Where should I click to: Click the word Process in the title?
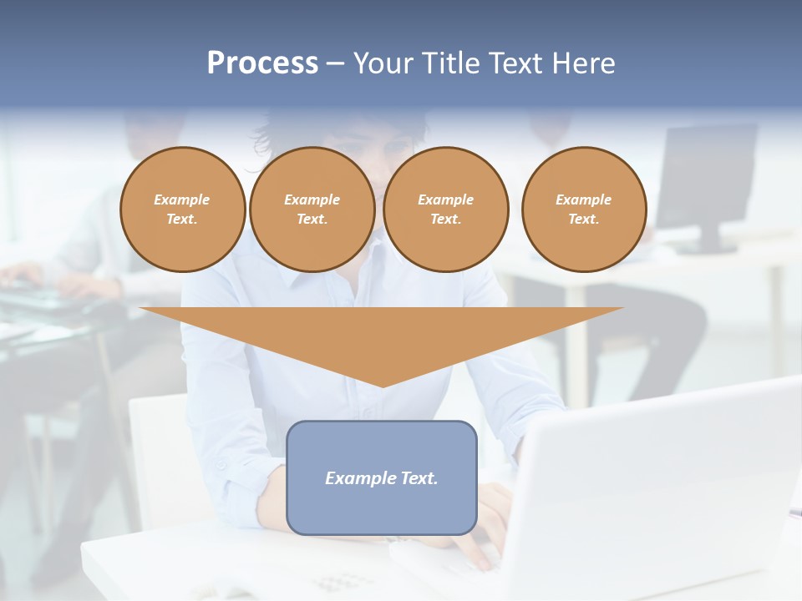262,63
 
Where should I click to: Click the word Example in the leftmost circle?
182,199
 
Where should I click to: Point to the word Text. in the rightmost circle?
584,219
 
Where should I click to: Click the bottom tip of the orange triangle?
383,385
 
